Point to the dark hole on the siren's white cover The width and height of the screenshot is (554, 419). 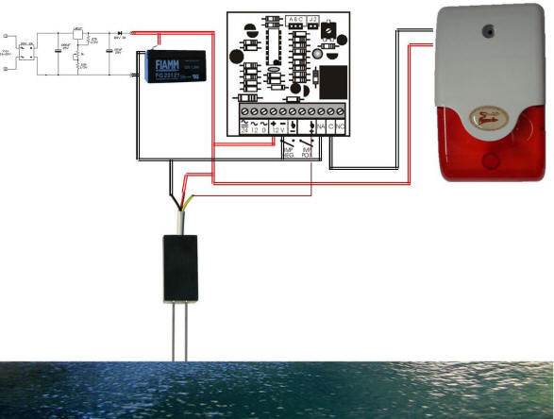tap(490, 29)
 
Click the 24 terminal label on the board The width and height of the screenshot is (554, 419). tap(244, 129)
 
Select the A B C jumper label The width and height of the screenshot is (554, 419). tap(296, 18)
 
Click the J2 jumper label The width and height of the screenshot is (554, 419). tap(314, 18)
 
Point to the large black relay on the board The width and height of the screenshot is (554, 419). tap(334, 83)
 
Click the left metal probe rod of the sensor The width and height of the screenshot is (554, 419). tap(176, 329)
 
